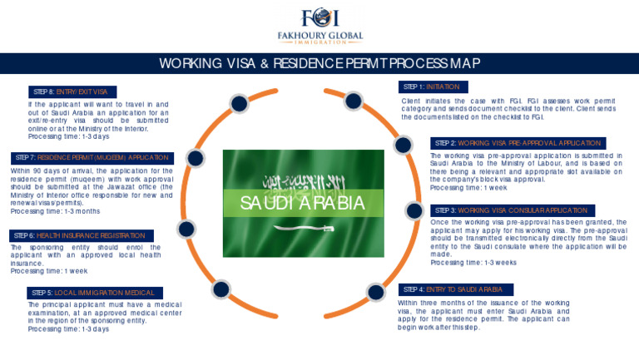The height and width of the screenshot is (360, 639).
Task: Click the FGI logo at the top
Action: coord(319,17)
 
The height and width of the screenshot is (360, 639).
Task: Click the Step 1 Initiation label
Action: coord(433,86)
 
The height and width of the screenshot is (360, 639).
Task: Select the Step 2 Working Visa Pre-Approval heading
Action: coord(518,143)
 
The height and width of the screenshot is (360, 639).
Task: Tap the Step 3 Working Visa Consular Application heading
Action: coord(518,210)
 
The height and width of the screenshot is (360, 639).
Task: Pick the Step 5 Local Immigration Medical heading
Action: coord(93,293)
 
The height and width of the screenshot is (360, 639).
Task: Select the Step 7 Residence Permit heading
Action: coord(92,157)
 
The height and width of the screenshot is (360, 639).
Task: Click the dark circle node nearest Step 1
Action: coord(353,101)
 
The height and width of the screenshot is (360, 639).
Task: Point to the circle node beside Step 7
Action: coord(196,157)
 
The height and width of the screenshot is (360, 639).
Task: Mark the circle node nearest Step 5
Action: coord(220,289)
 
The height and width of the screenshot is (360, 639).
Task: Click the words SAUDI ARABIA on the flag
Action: coord(303,203)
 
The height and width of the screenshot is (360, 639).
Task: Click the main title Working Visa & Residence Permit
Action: coord(319,64)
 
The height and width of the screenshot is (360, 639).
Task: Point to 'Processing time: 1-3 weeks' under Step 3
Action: coord(473,262)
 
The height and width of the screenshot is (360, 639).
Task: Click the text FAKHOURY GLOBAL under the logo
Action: coord(319,37)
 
